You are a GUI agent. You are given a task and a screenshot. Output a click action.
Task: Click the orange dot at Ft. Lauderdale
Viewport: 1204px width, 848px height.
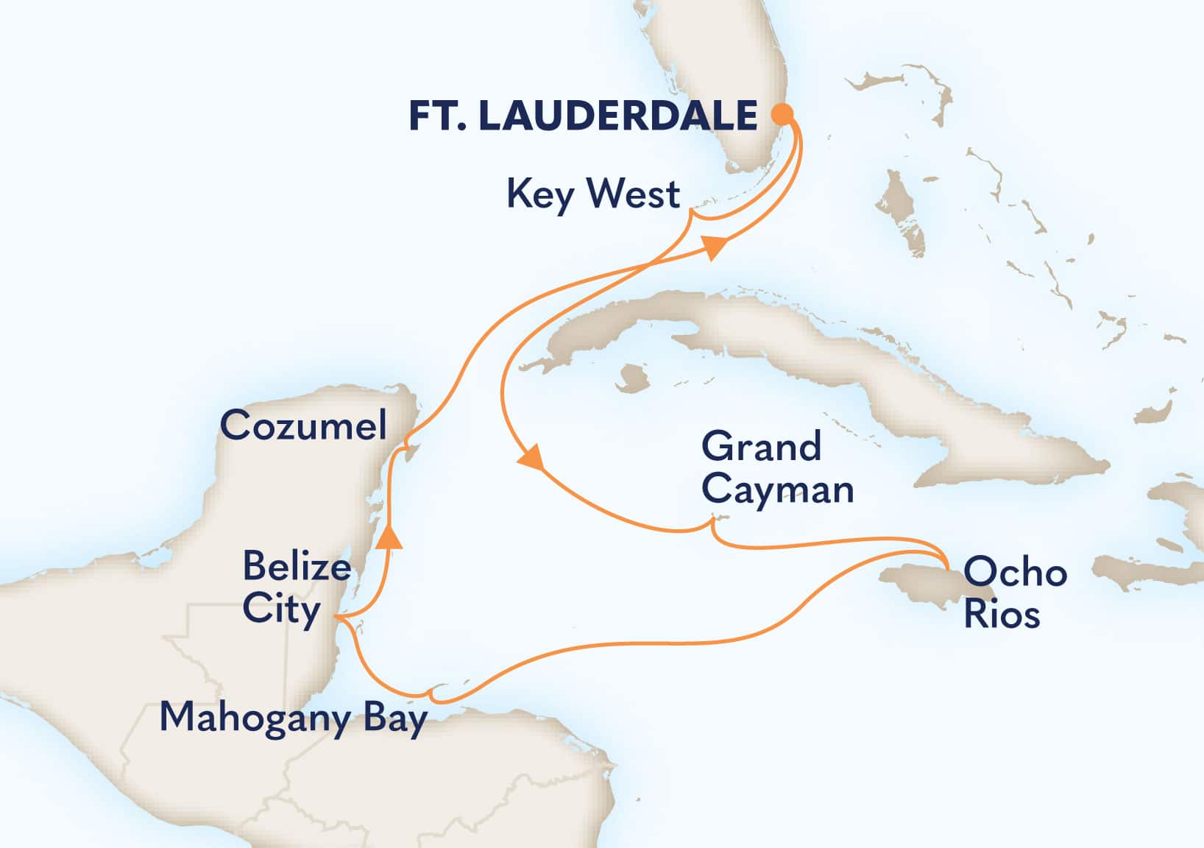(x=782, y=114)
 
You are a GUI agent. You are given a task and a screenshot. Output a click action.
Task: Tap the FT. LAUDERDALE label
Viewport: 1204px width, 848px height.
(x=583, y=116)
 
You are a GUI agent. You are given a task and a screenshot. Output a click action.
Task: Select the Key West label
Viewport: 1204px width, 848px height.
(x=593, y=195)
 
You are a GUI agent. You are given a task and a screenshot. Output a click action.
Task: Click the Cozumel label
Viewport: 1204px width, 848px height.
(x=303, y=425)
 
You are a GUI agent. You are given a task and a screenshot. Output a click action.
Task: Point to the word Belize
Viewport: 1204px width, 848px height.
(x=296, y=567)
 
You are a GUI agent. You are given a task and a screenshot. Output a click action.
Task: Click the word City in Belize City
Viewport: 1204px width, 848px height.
(x=281, y=609)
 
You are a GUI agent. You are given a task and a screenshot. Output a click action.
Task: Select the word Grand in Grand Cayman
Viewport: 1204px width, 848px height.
(x=761, y=447)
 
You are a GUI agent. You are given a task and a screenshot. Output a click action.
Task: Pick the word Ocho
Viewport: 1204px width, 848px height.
(x=1015, y=572)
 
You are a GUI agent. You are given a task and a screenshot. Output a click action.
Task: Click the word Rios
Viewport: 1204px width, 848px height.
(x=1002, y=615)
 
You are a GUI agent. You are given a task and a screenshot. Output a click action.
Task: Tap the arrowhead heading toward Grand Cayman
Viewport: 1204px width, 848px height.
(x=531, y=457)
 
